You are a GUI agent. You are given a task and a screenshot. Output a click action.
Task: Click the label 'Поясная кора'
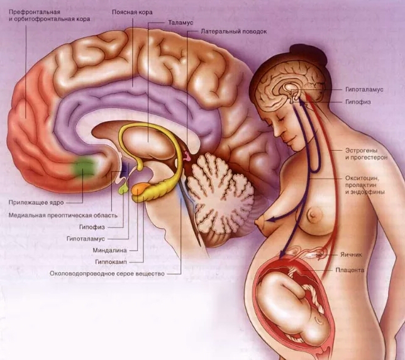131,12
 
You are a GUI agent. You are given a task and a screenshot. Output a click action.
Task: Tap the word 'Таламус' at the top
181,22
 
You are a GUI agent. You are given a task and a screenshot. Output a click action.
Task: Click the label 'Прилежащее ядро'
36,202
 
